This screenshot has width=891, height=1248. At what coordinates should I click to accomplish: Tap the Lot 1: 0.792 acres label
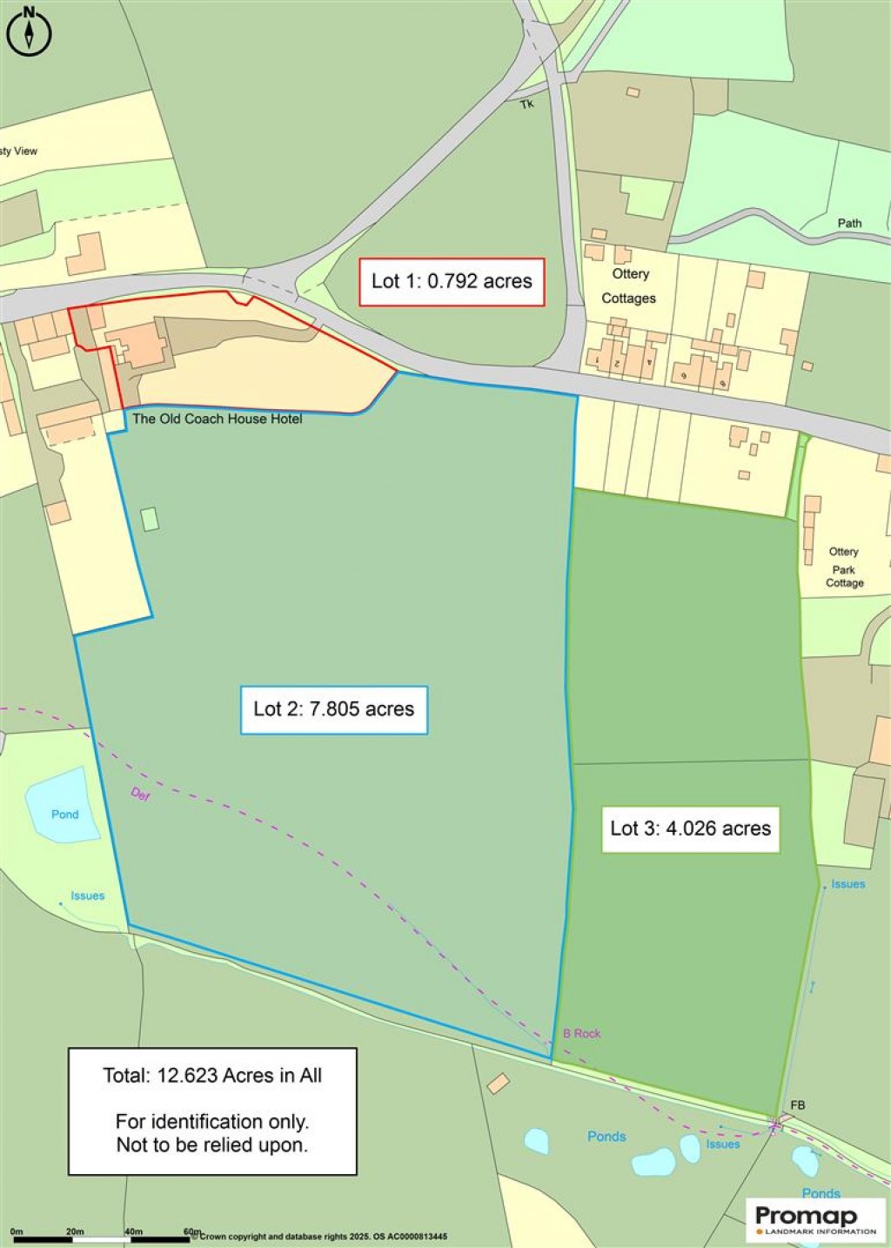click(x=452, y=281)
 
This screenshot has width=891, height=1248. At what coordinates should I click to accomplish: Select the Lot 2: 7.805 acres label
click(x=333, y=709)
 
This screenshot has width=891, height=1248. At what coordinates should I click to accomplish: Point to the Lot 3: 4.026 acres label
click(x=690, y=828)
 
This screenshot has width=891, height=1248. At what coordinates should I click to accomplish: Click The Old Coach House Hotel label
click(x=217, y=419)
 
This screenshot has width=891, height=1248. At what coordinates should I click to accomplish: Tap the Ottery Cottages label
click(x=629, y=285)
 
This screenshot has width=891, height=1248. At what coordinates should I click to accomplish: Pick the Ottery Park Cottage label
click(x=844, y=567)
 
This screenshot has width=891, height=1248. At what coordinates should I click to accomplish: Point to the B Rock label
click(x=581, y=1034)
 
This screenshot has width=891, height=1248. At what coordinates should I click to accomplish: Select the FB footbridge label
click(x=797, y=1105)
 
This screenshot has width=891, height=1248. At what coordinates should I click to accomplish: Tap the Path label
click(x=849, y=224)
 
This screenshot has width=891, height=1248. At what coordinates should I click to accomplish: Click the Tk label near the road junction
click(x=526, y=104)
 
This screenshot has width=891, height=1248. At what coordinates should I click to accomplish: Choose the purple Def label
click(x=140, y=794)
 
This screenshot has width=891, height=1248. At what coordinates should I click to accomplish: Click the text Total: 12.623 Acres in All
click(x=212, y=1076)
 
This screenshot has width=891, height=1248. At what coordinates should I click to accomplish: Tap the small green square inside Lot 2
click(x=150, y=520)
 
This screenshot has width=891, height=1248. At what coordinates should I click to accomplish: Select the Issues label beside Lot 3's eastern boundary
click(x=847, y=884)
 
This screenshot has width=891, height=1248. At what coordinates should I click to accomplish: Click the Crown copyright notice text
click(x=324, y=1237)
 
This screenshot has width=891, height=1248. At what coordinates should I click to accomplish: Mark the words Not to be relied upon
click(x=212, y=1144)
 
